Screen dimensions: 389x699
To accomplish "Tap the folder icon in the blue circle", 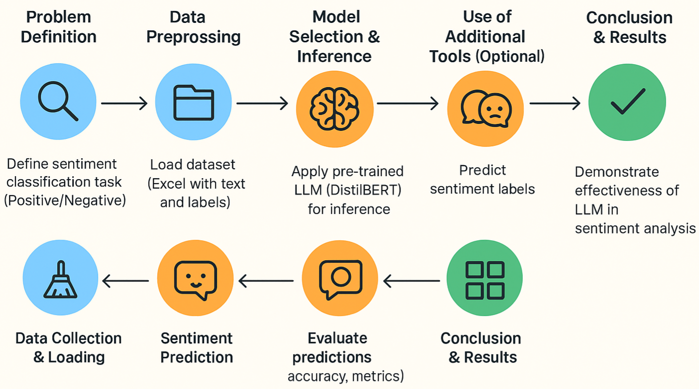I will [193, 103].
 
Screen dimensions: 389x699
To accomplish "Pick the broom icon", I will [61, 281].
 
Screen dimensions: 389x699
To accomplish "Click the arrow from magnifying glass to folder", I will [124, 103].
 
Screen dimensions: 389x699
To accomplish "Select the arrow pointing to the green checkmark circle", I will [555, 103].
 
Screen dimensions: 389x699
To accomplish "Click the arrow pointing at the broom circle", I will [125, 282].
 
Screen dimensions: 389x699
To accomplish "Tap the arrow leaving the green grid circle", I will [412, 282].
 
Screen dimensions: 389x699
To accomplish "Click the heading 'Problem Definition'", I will [59, 27].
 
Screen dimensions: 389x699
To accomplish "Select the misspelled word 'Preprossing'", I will [194, 37].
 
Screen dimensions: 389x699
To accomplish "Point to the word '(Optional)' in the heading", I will [510, 56].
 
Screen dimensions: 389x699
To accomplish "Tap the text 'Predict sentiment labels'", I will [482, 180].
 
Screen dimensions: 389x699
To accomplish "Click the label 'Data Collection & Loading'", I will [69, 347].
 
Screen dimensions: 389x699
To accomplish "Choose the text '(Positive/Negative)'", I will [65, 200].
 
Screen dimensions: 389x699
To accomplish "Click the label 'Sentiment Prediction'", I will [197, 347].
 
